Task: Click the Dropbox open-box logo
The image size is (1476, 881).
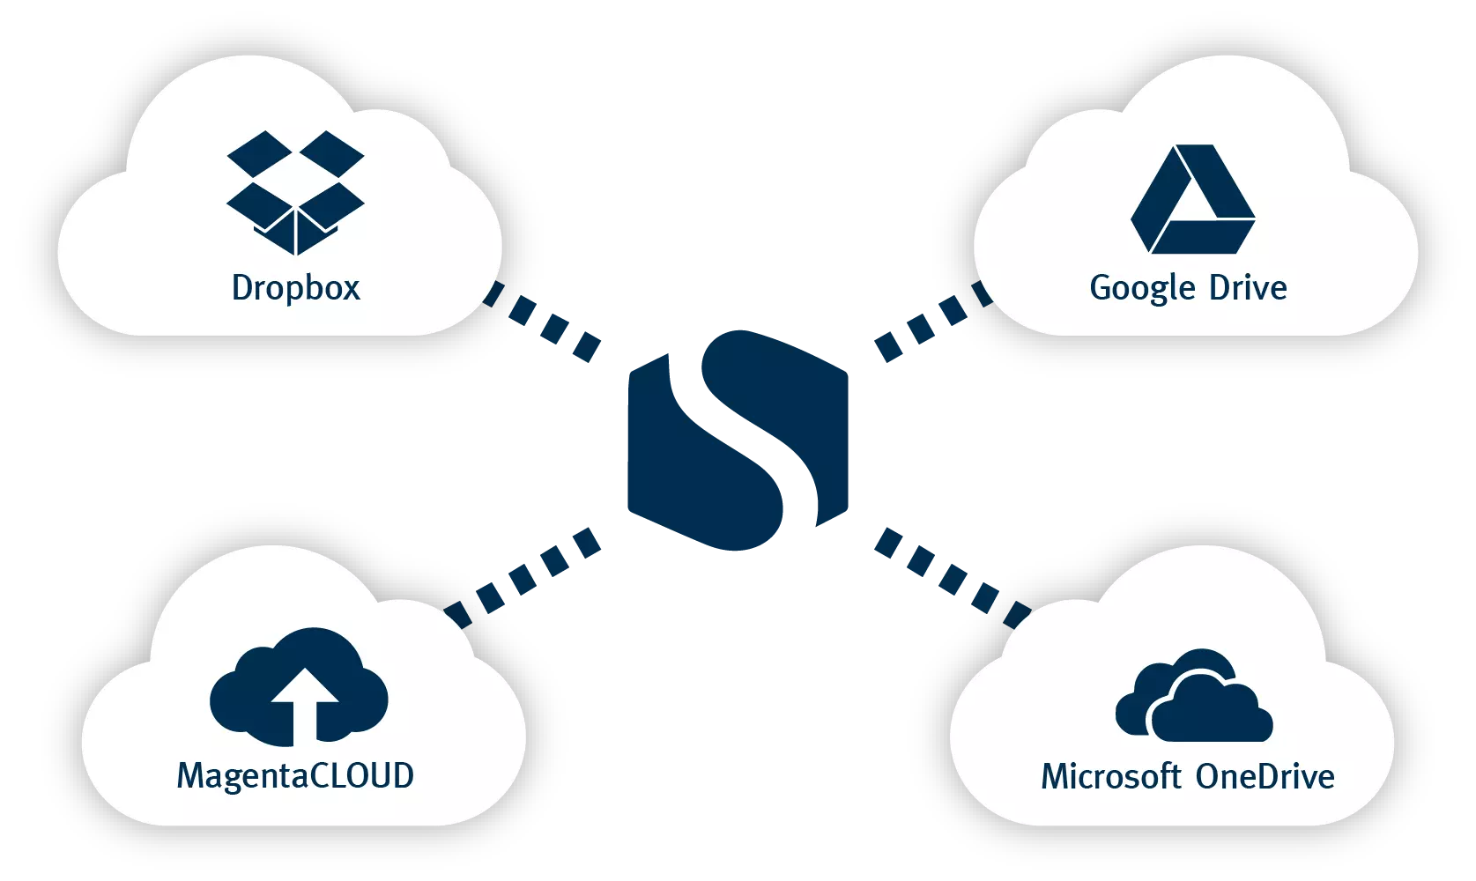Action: (x=295, y=192)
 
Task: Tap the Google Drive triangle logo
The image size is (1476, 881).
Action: (x=1192, y=200)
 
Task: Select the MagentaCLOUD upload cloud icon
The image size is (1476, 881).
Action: (x=300, y=685)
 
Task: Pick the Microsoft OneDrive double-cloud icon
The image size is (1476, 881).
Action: (x=1193, y=698)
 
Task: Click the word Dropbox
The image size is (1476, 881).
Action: (x=296, y=288)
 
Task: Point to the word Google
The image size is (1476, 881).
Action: (x=1143, y=289)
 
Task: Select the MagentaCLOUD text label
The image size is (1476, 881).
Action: (x=295, y=776)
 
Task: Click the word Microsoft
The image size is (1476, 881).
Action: (x=1110, y=777)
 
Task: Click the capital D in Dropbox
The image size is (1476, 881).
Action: (x=241, y=288)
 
